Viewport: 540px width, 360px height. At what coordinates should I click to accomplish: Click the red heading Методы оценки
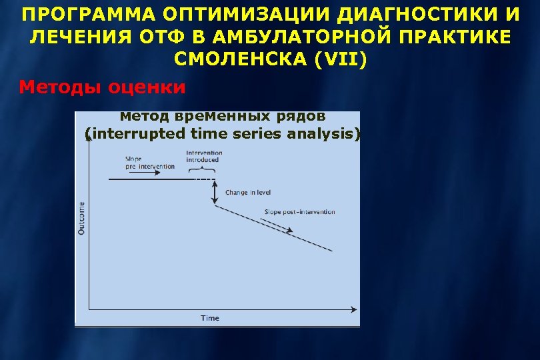(102, 87)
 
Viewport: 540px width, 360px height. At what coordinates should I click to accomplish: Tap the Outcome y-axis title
(82, 218)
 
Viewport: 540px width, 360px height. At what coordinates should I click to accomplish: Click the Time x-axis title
(210, 318)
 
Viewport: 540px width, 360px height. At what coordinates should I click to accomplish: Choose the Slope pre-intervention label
(149, 163)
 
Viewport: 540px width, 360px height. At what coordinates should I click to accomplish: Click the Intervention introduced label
(203, 157)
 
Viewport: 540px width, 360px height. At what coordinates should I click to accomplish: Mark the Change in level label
(247, 193)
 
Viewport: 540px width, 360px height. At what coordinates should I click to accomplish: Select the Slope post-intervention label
(299, 212)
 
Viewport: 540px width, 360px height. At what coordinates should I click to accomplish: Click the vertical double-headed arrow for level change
(215, 193)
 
